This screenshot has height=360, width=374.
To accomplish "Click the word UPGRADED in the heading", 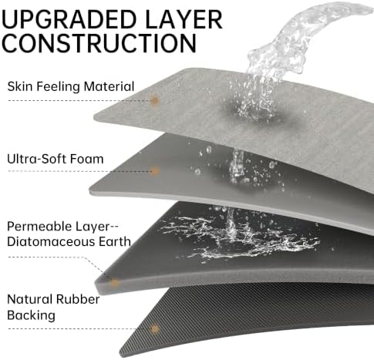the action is [x=69, y=19].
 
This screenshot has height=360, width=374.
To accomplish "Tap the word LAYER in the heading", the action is [x=184, y=19].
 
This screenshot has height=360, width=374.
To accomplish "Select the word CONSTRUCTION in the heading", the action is [x=99, y=42].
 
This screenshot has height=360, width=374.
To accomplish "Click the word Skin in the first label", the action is [x=20, y=86].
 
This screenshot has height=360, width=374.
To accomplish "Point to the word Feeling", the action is [x=59, y=87].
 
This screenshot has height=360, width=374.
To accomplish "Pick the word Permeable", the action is [x=39, y=227].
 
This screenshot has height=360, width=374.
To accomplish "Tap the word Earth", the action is [x=115, y=242].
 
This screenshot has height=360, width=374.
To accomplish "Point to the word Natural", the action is [x=29, y=299].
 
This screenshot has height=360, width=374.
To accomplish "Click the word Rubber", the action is [x=78, y=299].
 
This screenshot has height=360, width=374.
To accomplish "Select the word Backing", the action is [x=31, y=315].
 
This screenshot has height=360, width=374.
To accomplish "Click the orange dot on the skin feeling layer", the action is [x=155, y=100].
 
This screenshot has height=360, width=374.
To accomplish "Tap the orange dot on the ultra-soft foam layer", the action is [x=155, y=171].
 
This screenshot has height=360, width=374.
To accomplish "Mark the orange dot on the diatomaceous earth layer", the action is [x=115, y=283].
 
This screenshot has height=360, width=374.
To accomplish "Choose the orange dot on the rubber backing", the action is [x=155, y=329].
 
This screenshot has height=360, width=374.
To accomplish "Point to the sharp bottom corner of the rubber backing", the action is [x=120, y=356].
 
